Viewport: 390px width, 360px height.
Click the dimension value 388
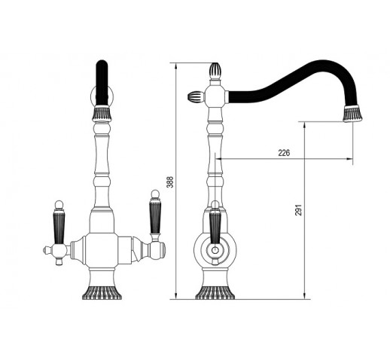170,182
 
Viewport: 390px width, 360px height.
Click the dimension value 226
284,153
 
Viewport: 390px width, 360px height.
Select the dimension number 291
298,210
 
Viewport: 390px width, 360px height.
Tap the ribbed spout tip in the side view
353,114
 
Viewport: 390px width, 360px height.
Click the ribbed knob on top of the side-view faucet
215,71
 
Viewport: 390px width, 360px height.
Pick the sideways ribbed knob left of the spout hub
196,96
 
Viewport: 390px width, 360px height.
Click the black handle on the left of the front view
59,227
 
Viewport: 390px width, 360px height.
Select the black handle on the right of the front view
155,216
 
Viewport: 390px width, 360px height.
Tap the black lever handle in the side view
215,227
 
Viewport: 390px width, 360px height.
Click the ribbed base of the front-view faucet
102,293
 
